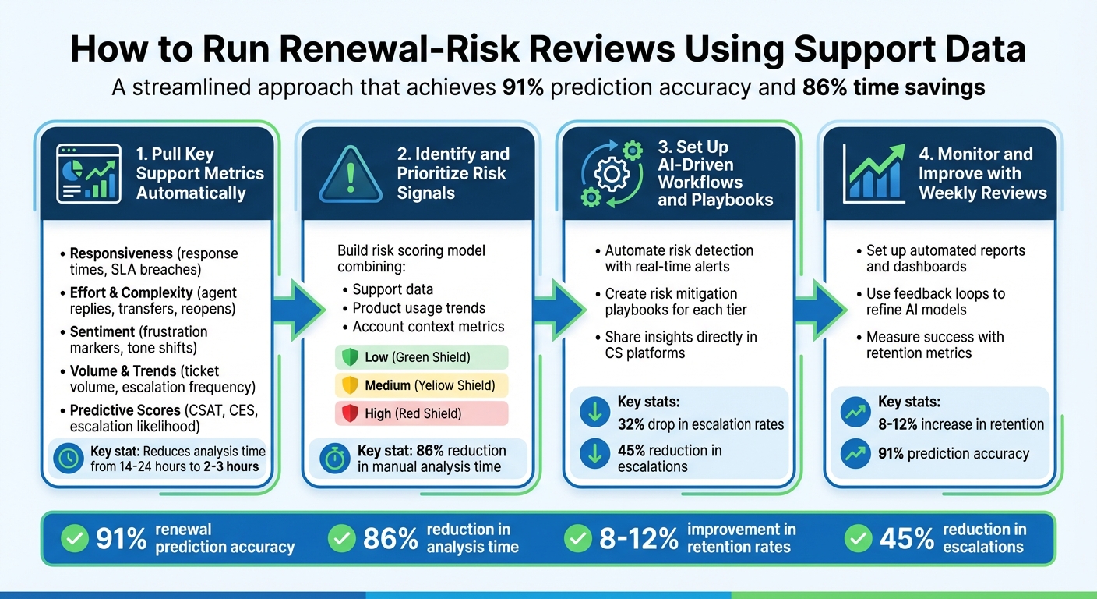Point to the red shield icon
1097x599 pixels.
tap(350, 413)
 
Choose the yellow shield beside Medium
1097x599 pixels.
tap(350, 385)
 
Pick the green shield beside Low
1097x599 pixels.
tap(350, 357)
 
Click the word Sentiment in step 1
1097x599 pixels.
tap(101, 331)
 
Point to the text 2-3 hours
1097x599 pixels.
tap(231, 466)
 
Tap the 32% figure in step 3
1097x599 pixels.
tap(632, 424)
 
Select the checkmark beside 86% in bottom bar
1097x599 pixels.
tap(340, 537)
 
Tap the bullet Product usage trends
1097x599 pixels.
tap(418, 308)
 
